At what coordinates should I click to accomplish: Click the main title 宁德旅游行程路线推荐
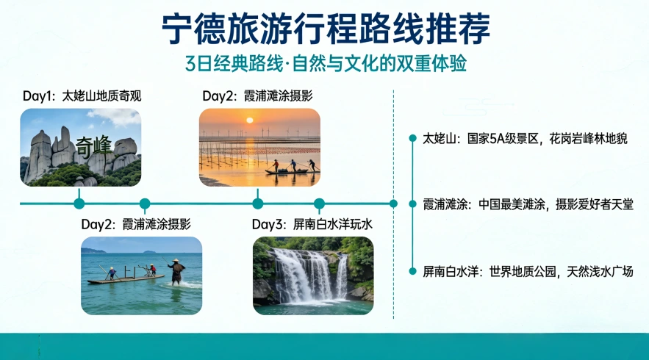(x=325, y=29)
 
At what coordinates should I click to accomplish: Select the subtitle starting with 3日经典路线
(x=325, y=64)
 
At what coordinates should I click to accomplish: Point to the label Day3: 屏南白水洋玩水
(x=312, y=224)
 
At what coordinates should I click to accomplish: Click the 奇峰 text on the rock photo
(x=93, y=145)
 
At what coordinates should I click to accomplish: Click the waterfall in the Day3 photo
(x=303, y=276)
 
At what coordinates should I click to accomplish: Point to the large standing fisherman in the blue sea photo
(x=176, y=272)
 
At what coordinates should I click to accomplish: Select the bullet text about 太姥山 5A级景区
(x=525, y=138)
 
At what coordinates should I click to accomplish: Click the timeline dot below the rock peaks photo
(x=79, y=204)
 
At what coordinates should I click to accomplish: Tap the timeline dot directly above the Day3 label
(x=319, y=204)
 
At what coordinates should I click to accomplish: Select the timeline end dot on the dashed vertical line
(x=393, y=204)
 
